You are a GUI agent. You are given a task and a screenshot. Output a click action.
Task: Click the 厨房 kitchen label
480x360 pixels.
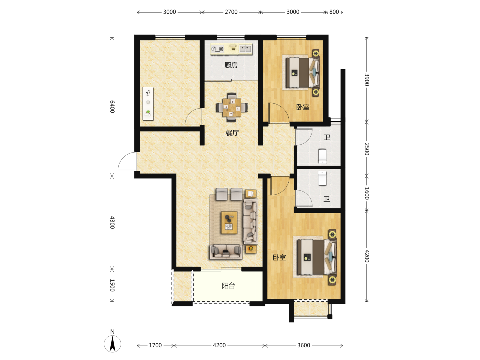tap(231, 65)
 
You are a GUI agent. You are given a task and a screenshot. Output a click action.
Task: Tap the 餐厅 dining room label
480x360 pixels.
tap(232, 133)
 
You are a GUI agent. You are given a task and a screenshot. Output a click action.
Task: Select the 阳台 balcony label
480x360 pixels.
tap(229, 285)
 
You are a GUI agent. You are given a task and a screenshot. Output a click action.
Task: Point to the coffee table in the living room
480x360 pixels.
tap(229, 222)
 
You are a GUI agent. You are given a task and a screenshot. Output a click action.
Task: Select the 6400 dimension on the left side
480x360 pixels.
tap(112, 107)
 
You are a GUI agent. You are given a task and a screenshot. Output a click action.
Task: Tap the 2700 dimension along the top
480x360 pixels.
tap(231, 12)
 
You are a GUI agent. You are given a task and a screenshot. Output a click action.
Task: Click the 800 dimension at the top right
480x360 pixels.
tap(334, 12)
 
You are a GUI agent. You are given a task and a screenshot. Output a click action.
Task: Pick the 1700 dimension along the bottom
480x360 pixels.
tap(155, 345)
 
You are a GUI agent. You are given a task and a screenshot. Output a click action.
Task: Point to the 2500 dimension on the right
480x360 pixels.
tap(367, 149)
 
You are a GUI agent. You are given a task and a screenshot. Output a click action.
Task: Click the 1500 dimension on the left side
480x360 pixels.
tap(112, 285)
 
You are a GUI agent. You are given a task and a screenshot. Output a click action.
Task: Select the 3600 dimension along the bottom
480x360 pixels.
tap(304, 345)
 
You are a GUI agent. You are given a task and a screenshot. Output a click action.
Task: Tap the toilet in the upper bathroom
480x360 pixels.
tap(322, 156)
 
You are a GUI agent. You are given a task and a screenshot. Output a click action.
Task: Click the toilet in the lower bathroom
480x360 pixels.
tap(322, 178)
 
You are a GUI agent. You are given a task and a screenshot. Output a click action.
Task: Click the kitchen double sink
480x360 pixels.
tap(245, 49)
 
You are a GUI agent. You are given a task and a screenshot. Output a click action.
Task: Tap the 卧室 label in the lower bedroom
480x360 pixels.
tap(279, 257)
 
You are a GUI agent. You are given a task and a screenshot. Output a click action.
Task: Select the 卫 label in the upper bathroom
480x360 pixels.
tap(327, 138)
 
